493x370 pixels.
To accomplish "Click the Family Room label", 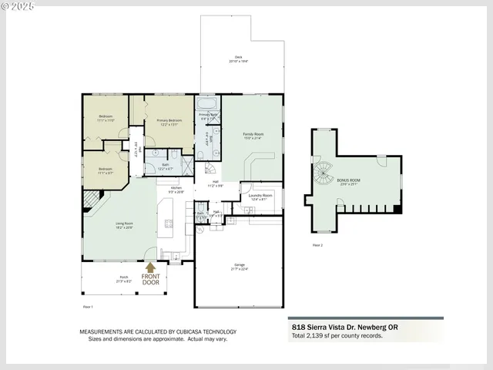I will coord(253,136).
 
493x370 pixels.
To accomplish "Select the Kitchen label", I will coord(176,189).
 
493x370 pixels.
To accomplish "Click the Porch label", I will coord(123,280).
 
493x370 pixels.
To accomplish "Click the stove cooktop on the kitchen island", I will coord(169,224).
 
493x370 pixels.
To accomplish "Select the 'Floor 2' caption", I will coord(317,244).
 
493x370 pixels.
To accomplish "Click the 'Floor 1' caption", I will coord(87,307).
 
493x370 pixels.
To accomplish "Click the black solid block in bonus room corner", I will coord(397,207).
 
